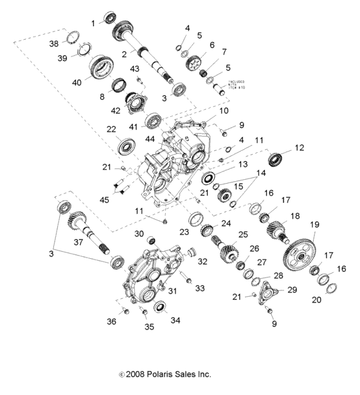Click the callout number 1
point(93,23)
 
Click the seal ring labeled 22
point(125,146)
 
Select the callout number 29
point(292,290)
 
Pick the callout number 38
point(55,44)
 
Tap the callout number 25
point(242,234)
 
